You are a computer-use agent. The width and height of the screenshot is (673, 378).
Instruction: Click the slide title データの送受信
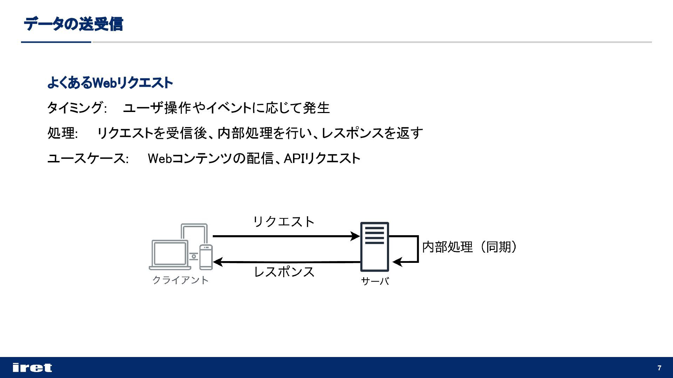(x=73, y=24)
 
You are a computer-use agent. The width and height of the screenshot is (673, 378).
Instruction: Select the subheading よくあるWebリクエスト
(x=110, y=83)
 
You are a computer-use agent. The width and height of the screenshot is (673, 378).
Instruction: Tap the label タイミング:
(x=76, y=108)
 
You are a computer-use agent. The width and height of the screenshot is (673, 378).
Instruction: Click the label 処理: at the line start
(x=62, y=133)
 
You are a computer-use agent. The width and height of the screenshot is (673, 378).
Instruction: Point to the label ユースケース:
(x=88, y=159)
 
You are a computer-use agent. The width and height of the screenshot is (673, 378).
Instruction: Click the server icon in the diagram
(x=374, y=247)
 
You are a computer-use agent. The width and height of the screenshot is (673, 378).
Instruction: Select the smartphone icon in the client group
(x=206, y=257)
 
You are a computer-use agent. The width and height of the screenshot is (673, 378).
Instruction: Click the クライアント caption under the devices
(x=181, y=280)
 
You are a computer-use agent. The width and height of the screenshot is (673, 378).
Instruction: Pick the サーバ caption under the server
(x=375, y=281)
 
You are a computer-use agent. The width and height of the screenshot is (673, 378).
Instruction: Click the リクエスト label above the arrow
(x=284, y=222)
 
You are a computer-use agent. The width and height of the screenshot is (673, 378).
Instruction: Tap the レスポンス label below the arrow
(x=284, y=272)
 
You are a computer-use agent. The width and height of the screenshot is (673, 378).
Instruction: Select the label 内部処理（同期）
(x=469, y=247)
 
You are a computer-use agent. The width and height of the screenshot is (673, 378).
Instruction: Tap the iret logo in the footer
(x=32, y=367)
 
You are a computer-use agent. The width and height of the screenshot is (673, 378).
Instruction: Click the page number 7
(x=659, y=368)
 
